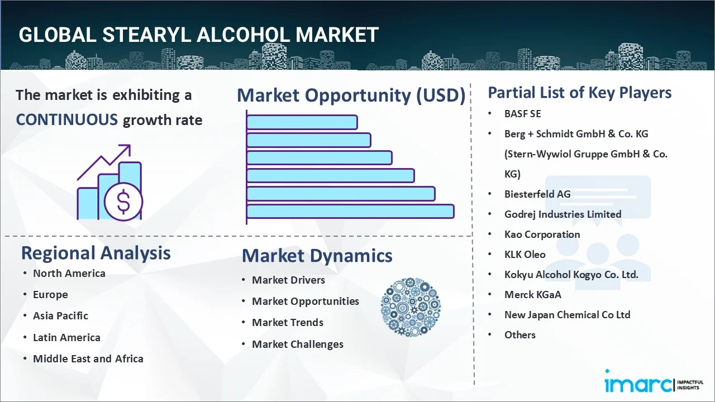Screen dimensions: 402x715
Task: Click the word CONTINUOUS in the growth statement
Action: pyautogui.click(x=66, y=119)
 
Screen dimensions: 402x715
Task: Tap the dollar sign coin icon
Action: pyautogui.click(x=123, y=202)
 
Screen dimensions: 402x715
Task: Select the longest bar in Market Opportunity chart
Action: pyautogui.click(x=350, y=211)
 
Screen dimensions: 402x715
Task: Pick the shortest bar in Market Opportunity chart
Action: pyautogui.click(x=302, y=122)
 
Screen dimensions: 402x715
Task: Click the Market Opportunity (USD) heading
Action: pyautogui.click(x=351, y=95)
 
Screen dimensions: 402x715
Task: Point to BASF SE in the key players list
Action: pyautogui.click(x=522, y=114)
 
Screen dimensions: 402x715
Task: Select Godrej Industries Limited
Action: pyautogui.click(x=563, y=214)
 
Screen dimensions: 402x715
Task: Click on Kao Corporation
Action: pyautogui.click(x=542, y=234)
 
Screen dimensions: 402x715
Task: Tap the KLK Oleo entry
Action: pyautogui.click(x=525, y=255)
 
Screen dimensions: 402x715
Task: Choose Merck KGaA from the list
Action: pyautogui.click(x=532, y=295)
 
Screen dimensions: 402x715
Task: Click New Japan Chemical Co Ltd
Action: pyautogui.click(x=567, y=315)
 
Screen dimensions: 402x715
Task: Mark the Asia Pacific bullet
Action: pyautogui.click(x=60, y=316)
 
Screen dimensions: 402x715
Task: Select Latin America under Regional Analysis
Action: pyautogui.click(x=66, y=338)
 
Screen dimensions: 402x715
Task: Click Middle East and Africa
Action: pyautogui.click(x=88, y=359)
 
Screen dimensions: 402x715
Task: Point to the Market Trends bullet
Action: pyautogui.click(x=287, y=323)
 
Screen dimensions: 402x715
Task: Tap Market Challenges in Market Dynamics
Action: pyautogui.click(x=297, y=344)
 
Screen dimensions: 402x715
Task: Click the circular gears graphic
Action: pyautogui.click(x=411, y=308)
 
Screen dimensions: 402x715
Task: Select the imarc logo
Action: pyautogui.click(x=638, y=384)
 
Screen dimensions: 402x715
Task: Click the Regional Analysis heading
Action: pyautogui.click(x=96, y=253)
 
